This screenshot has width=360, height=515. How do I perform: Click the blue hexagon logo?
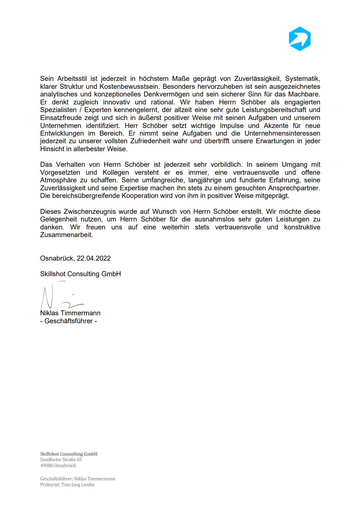click(x=300, y=39)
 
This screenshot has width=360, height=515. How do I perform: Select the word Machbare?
click(x=304, y=94)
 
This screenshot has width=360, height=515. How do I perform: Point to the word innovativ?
click(x=116, y=102)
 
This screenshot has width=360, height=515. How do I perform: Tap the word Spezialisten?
click(x=58, y=110)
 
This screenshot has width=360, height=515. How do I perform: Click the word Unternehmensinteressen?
click(x=282, y=133)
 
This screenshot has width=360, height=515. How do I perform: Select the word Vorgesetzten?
click(x=60, y=172)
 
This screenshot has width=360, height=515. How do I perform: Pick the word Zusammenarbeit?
click(x=66, y=235)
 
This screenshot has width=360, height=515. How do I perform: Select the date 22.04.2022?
click(x=94, y=258)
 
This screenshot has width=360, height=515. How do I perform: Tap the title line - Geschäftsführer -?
click(x=69, y=321)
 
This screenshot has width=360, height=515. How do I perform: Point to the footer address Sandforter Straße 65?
click(x=61, y=459)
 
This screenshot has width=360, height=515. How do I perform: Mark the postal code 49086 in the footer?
click(x=47, y=465)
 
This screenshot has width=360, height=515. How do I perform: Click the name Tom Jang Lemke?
click(x=78, y=484)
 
